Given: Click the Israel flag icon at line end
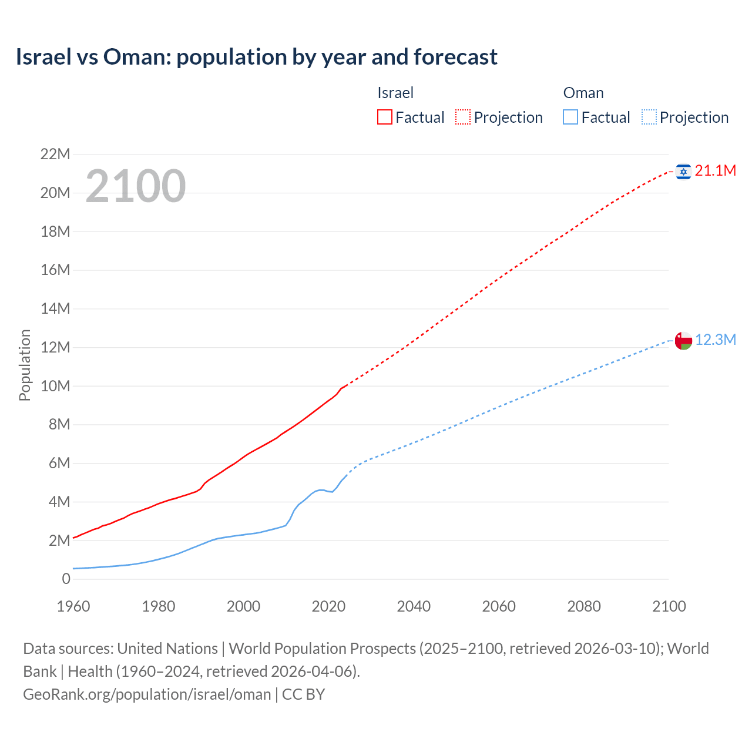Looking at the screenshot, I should click(683, 172).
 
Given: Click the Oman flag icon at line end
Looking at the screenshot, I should click(683, 341).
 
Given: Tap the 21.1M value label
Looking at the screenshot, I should click(715, 171).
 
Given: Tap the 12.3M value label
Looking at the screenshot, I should click(716, 340).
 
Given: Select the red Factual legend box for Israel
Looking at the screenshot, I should click(384, 117).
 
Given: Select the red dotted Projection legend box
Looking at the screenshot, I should click(463, 117).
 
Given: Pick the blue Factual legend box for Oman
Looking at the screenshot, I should click(570, 117).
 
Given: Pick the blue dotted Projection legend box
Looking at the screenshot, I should click(649, 117).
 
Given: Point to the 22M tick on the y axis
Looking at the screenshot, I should click(55, 155).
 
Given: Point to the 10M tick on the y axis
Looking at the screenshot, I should click(55, 386).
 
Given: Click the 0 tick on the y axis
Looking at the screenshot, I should click(66, 579).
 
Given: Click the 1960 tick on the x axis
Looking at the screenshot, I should click(73, 606).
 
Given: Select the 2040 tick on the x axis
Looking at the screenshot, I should click(414, 606).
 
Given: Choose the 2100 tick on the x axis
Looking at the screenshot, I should click(669, 606).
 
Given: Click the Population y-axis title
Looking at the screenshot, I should click(25, 365).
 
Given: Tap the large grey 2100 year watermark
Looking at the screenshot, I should click(136, 186).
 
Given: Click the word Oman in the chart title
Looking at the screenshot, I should click(136, 57).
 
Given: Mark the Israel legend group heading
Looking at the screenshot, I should click(395, 93).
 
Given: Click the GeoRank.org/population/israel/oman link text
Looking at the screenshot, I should click(147, 694).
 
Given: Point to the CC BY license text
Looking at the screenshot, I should click(304, 694).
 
